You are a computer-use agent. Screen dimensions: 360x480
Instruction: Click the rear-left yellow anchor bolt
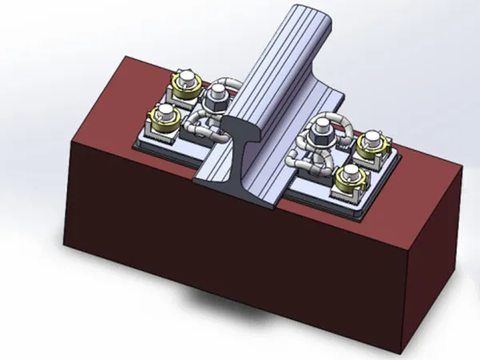click(184, 82)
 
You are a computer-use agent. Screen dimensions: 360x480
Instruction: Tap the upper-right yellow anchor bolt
click(370, 146)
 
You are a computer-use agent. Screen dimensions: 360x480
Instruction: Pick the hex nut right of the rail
click(322, 127)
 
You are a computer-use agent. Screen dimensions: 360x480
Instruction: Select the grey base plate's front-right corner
click(364, 218)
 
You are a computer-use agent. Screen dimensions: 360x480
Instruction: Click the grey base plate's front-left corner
click(134, 148)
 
